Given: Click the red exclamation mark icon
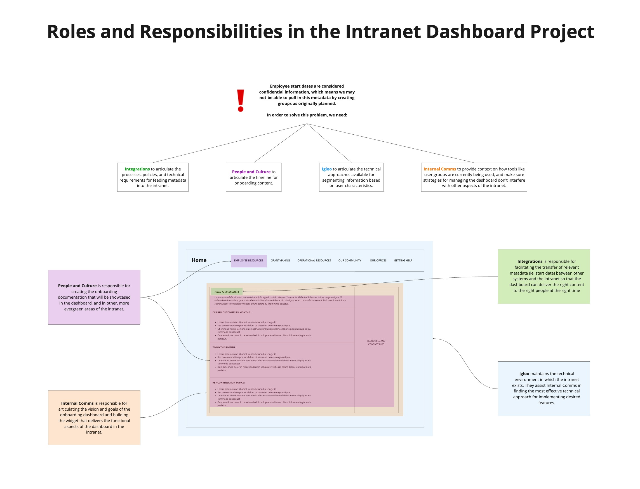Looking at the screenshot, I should click(240, 100).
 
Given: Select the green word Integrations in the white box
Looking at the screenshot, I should click(137, 169).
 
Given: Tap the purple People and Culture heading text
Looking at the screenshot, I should click(251, 172).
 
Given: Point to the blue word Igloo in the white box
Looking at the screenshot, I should click(326, 169).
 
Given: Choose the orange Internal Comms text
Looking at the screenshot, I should click(439, 169).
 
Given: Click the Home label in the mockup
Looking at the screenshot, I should click(199, 260).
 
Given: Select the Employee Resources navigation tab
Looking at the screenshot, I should click(248, 261).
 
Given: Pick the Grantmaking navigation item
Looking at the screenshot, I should click(280, 261).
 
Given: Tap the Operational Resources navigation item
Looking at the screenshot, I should click(314, 261).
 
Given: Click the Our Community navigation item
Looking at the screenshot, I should click(349, 261).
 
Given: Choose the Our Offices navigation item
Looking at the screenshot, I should click(378, 261).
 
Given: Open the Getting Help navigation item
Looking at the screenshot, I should click(403, 261).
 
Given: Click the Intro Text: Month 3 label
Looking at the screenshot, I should click(226, 292).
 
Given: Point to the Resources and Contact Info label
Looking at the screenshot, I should click(376, 343).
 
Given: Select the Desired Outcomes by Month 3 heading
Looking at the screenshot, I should click(232, 312).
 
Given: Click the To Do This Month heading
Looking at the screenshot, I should click(224, 347).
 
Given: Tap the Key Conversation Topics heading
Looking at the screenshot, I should click(228, 382).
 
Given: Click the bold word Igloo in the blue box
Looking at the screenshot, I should click(524, 374).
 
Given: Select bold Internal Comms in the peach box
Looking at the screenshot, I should click(77, 403).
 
